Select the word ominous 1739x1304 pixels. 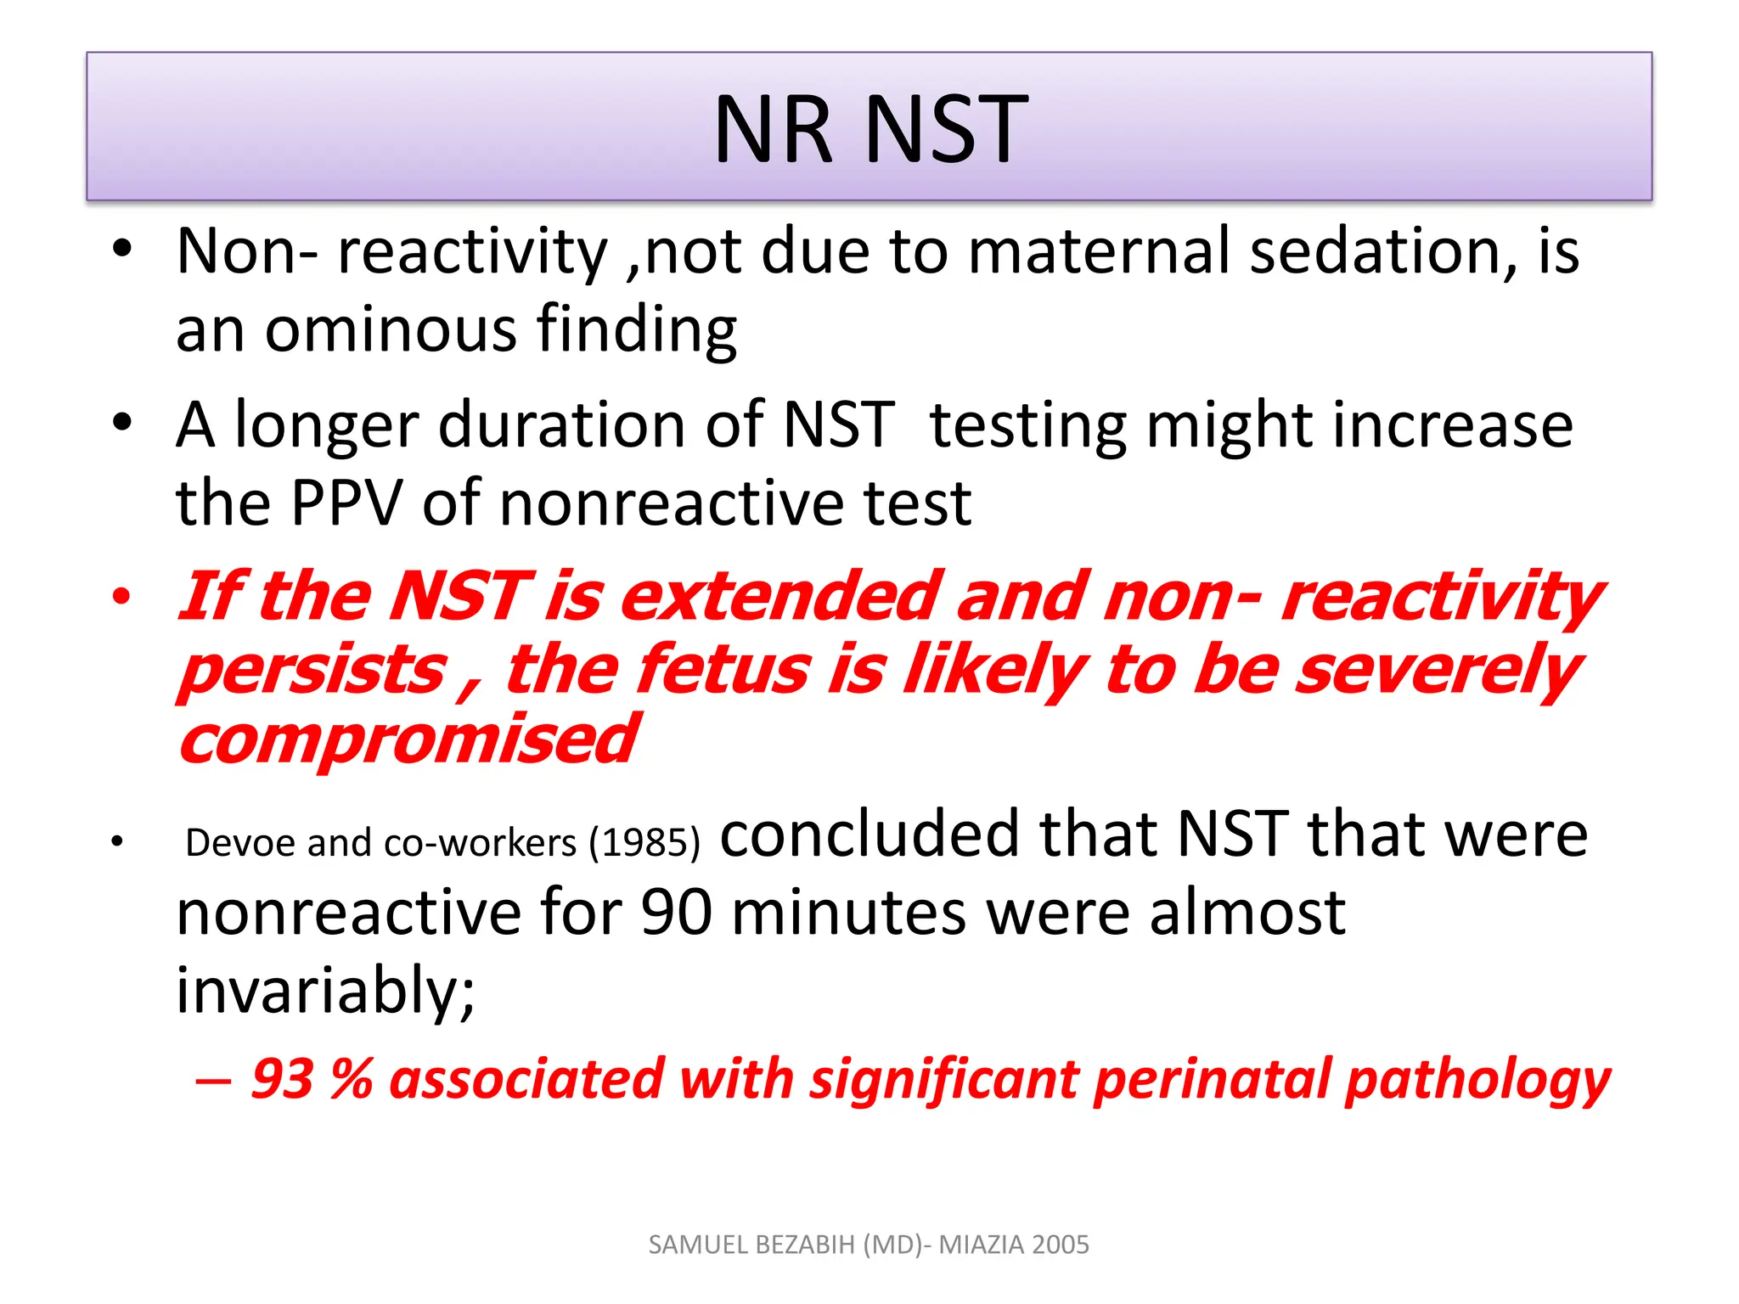pos(391,329)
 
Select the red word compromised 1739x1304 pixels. pos(408,739)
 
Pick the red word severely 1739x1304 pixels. pos(1437,669)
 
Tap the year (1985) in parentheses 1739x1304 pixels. pos(645,843)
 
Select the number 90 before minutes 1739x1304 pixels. pos(676,913)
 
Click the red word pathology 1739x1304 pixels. pos(1477,1081)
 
